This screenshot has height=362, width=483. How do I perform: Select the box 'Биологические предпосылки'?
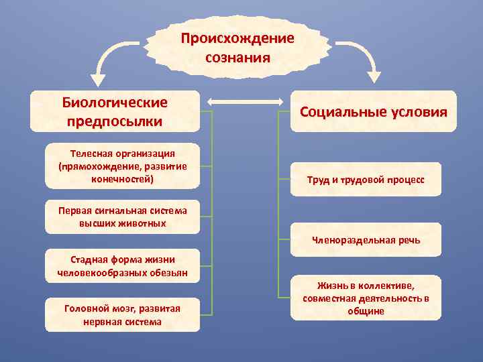pos(115,111)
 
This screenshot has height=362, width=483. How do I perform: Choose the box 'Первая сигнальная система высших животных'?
pos(122,217)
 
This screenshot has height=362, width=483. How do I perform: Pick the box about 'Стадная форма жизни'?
pos(122,265)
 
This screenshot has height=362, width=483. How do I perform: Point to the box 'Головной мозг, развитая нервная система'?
pos(122,314)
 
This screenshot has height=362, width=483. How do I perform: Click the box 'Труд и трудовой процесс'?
pos(366,180)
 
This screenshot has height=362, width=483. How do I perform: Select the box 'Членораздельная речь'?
pos(366,240)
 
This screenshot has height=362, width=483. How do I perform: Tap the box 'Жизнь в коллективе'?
pos(366,298)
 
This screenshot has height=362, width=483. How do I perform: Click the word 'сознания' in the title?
pos(237,57)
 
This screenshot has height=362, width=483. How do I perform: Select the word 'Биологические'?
pos(115,103)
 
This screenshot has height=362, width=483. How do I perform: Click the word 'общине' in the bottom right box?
pos(366,311)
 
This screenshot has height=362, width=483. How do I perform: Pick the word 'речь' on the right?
pos(408,240)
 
